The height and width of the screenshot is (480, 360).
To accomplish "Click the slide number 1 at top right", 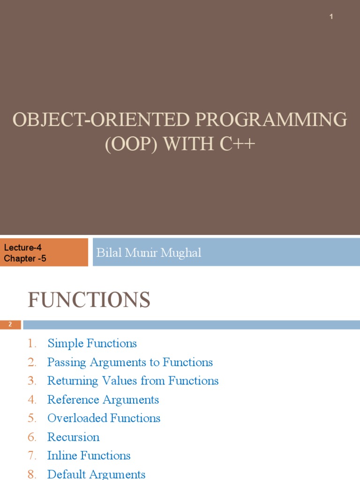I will pos(331,17).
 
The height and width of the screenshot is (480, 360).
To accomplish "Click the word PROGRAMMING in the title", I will pos(271,120).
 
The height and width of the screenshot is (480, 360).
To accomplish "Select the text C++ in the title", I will pos(237,143).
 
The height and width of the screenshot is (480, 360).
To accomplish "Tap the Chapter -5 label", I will pos(25,258).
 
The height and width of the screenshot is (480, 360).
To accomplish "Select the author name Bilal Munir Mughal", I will pos(149,253).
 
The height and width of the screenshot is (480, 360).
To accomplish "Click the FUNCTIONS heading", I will pos(89,300).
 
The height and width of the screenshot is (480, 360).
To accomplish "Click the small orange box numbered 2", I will pos(10,324).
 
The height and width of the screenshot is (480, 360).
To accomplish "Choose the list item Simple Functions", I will pos(92,344).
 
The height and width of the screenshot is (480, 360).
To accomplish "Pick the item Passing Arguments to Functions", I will pos(130,362).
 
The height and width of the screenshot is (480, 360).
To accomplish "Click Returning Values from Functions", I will pos(133,381).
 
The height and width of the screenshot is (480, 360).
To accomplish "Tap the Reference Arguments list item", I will pos(103,400).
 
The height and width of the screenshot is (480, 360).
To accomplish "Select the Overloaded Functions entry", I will pos(104,418).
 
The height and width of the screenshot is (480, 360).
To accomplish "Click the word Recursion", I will pos(74,437).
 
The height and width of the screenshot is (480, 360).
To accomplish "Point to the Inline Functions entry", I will pos(89,456).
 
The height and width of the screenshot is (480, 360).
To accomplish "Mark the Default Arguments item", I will pos(96,474).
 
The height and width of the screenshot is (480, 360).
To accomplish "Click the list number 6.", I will pos(32,437).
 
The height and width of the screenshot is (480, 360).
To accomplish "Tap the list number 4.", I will pos(32,400).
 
